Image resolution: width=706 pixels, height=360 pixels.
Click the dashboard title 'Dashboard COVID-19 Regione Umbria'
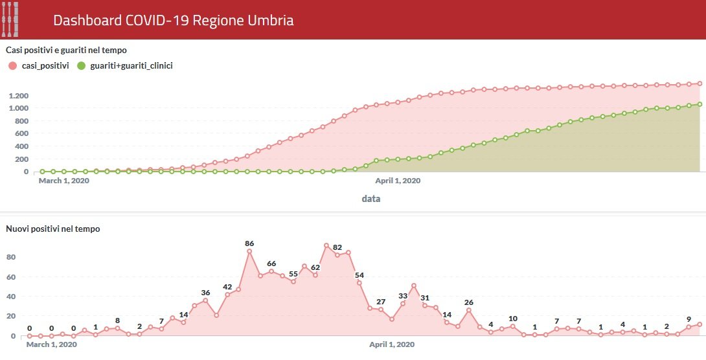173,21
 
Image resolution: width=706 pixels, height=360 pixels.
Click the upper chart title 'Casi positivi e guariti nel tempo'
66,50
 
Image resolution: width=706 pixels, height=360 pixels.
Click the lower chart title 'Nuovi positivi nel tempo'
52,229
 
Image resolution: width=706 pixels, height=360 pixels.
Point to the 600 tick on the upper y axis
22,134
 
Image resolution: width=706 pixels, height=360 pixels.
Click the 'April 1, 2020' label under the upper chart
398,181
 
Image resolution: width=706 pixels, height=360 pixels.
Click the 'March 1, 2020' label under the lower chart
51,344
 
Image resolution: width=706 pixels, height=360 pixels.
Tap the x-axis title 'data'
371,199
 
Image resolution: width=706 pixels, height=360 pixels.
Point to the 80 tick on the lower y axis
10,257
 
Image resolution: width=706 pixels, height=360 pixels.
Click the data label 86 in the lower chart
249,243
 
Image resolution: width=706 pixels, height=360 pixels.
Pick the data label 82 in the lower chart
337,247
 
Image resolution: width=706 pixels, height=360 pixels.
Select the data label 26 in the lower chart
469,302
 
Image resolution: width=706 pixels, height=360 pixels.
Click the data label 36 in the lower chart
205,293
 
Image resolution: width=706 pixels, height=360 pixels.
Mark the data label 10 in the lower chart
513,319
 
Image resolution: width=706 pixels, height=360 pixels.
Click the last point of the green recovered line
700,104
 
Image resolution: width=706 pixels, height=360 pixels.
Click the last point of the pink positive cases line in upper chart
700,84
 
